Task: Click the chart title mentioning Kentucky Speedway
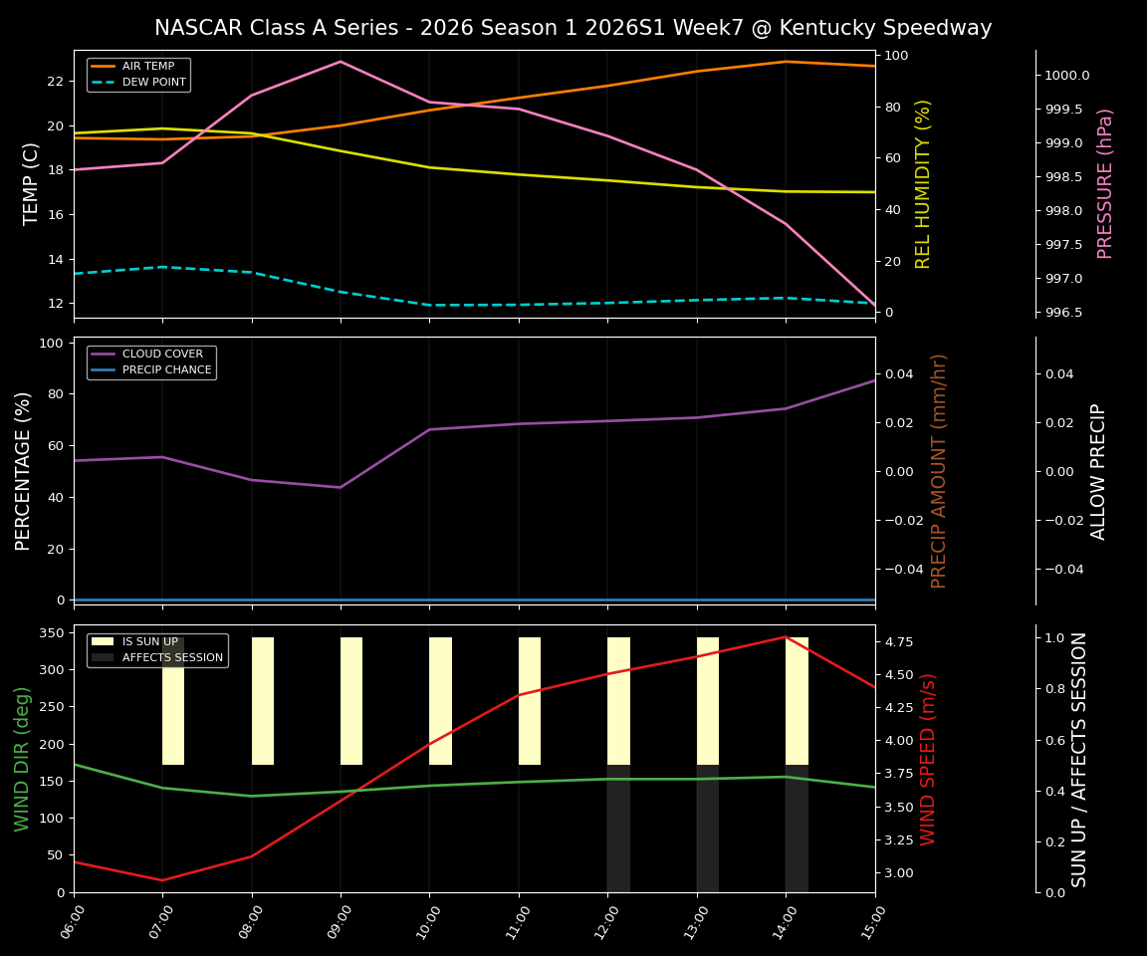pos(573,28)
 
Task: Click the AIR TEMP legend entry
pos(147,67)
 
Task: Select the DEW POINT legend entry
pos(153,83)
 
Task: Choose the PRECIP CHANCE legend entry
pos(166,370)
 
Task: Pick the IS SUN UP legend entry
pos(149,642)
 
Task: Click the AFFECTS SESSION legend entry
pos(172,657)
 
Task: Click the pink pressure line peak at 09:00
pos(341,62)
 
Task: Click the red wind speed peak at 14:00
pos(786,637)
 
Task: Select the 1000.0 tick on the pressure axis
pos(1066,76)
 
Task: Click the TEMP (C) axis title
pos(32,183)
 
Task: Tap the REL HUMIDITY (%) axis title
pos(923,183)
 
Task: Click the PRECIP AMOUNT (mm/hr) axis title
pos(939,470)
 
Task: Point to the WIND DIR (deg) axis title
pos(22,759)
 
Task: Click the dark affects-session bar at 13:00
pos(707,829)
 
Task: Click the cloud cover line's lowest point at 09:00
pos(341,487)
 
